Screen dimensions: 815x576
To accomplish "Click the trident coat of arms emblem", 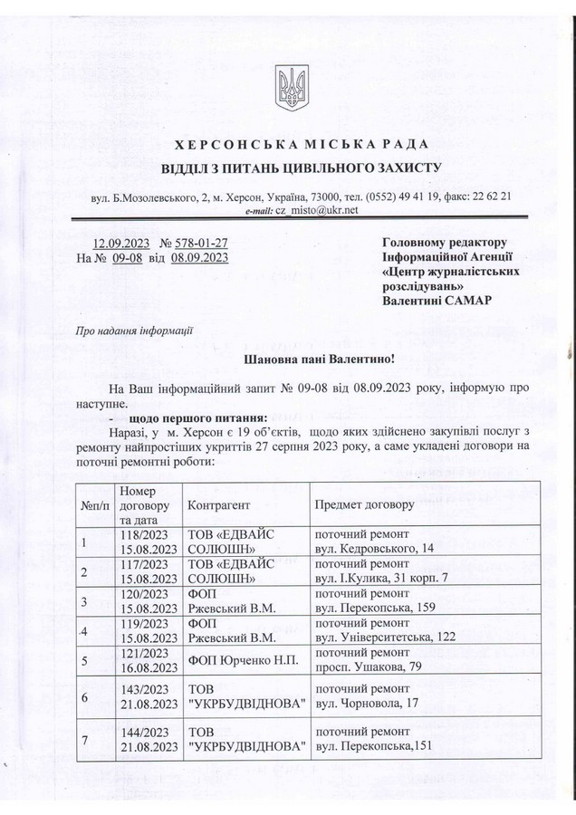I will click(x=288, y=85).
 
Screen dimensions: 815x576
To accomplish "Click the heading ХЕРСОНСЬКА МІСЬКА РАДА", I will click(x=288, y=145).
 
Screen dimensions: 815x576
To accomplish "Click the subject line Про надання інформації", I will click(x=132, y=331).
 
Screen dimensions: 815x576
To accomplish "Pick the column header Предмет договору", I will click(x=364, y=503).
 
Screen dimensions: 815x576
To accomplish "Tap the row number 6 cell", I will click(x=84, y=698).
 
